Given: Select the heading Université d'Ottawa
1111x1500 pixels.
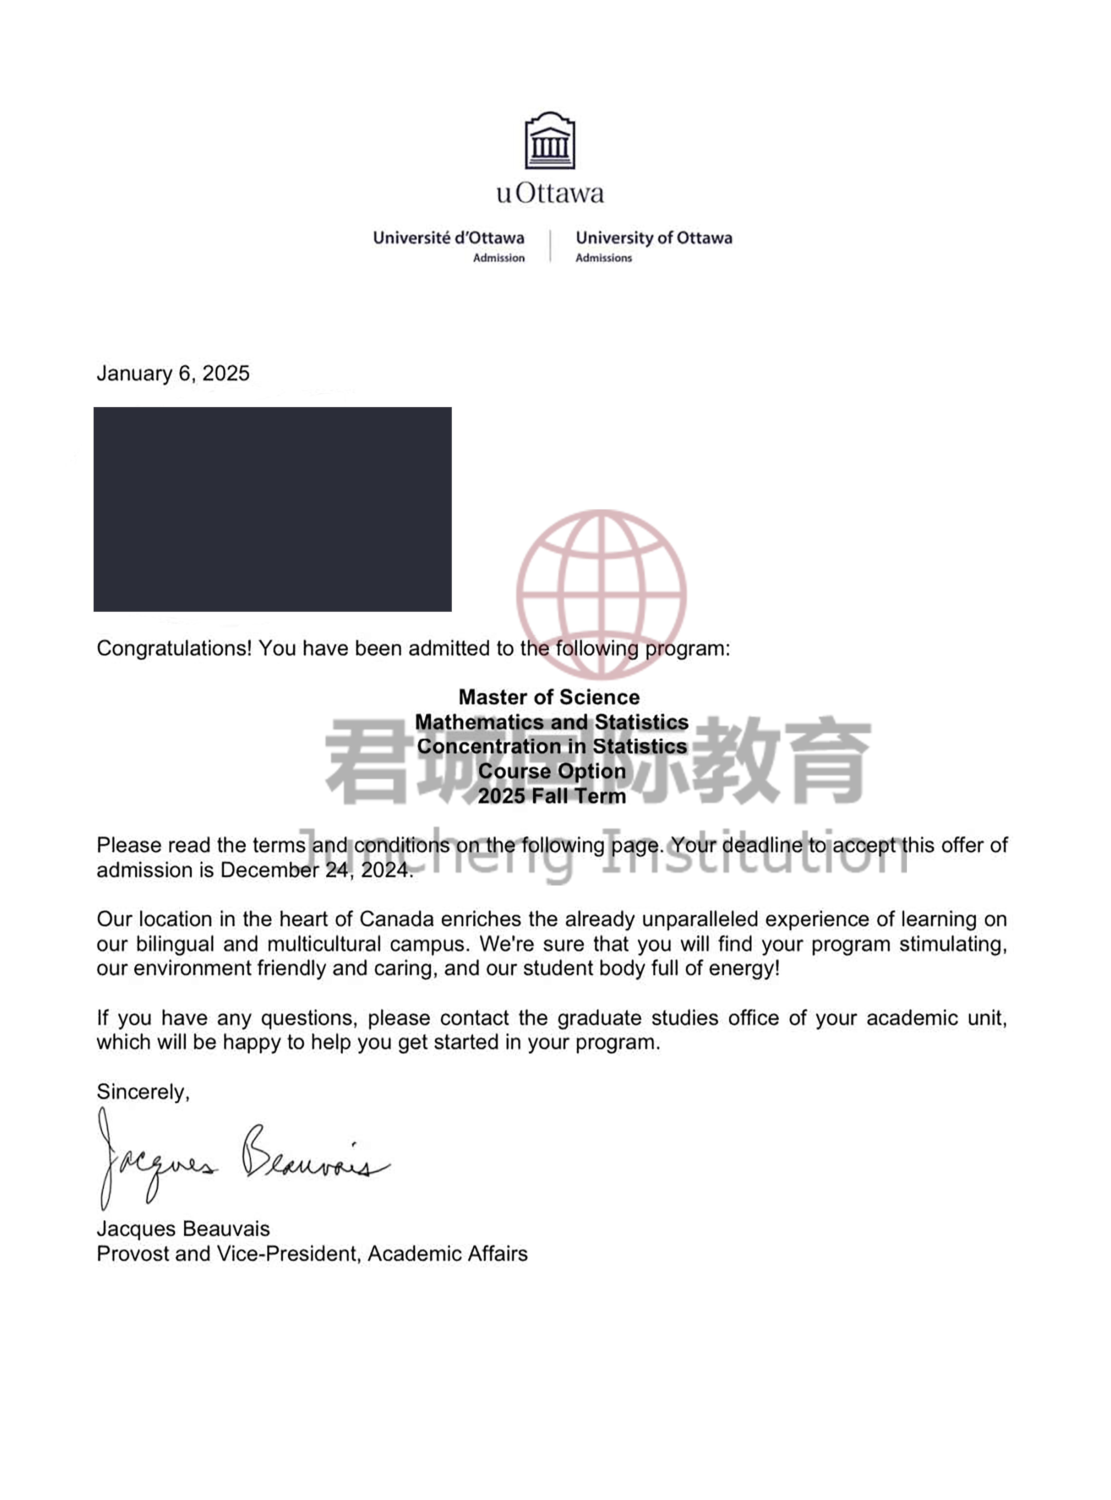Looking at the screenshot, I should (x=448, y=238).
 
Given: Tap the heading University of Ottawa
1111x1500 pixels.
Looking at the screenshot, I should (x=654, y=238).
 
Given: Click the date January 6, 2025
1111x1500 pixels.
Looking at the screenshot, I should (x=173, y=373).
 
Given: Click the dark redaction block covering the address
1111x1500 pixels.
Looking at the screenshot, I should (x=272, y=509).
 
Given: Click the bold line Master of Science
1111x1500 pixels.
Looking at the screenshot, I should (x=549, y=697).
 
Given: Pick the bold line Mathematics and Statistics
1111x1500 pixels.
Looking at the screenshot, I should (x=552, y=722).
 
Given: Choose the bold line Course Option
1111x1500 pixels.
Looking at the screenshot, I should (x=552, y=771).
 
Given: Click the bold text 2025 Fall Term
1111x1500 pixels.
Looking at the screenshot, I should (x=552, y=796).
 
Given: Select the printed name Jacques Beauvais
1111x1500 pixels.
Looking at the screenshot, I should (x=183, y=1229).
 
